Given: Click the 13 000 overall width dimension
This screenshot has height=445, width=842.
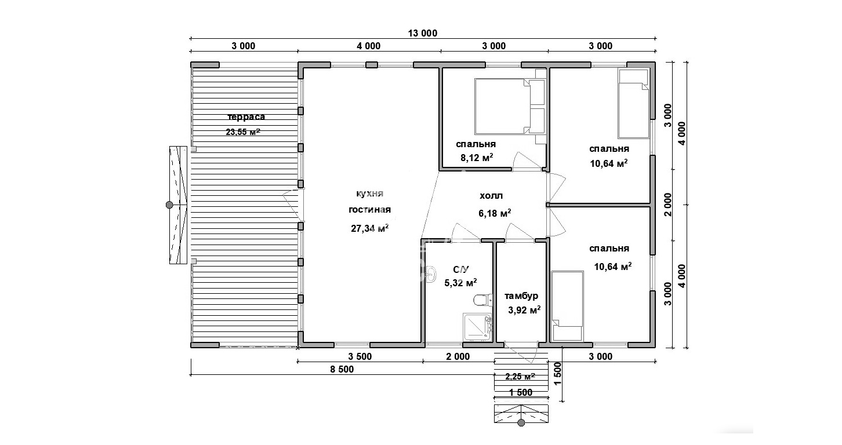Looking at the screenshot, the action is pyautogui.click(x=423, y=34).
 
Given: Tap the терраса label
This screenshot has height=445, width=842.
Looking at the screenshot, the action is pyautogui.click(x=246, y=117).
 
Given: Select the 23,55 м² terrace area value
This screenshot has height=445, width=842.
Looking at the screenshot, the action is pyautogui.click(x=243, y=132).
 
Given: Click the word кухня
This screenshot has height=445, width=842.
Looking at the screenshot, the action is pyautogui.click(x=370, y=194).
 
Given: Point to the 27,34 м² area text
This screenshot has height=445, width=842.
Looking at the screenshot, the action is pyautogui.click(x=370, y=228).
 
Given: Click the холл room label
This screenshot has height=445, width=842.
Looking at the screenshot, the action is pyautogui.click(x=491, y=196).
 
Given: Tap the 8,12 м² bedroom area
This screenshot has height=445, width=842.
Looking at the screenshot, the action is pyautogui.click(x=477, y=158).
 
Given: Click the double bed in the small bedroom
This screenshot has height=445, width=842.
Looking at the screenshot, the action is pyautogui.click(x=510, y=106).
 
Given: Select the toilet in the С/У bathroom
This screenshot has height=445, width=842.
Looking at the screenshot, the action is pyautogui.click(x=483, y=300).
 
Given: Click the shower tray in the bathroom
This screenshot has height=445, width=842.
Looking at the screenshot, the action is pyautogui.click(x=477, y=327).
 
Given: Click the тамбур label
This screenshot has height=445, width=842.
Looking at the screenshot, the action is pyautogui.click(x=521, y=296).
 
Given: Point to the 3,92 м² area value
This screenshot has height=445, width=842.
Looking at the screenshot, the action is pyautogui.click(x=524, y=310).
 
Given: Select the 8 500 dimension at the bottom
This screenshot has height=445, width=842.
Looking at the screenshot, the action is pyautogui.click(x=342, y=370).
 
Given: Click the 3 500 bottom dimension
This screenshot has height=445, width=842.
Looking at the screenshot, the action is pyautogui.click(x=360, y=356).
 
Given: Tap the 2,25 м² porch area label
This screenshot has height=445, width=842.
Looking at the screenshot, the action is pyautogui.click(x=520, y=376).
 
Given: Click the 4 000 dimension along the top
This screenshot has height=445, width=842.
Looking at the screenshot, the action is pyautogui.click(x=368, y=46).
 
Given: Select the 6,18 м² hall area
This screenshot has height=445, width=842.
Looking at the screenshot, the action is pyautogui.click(x=495, y=213).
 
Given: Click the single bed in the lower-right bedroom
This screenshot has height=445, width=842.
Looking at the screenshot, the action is pyautogui.click(x=567, y=306).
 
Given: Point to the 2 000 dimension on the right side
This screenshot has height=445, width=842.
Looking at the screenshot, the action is pyautogui.click(x=667, y=205).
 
